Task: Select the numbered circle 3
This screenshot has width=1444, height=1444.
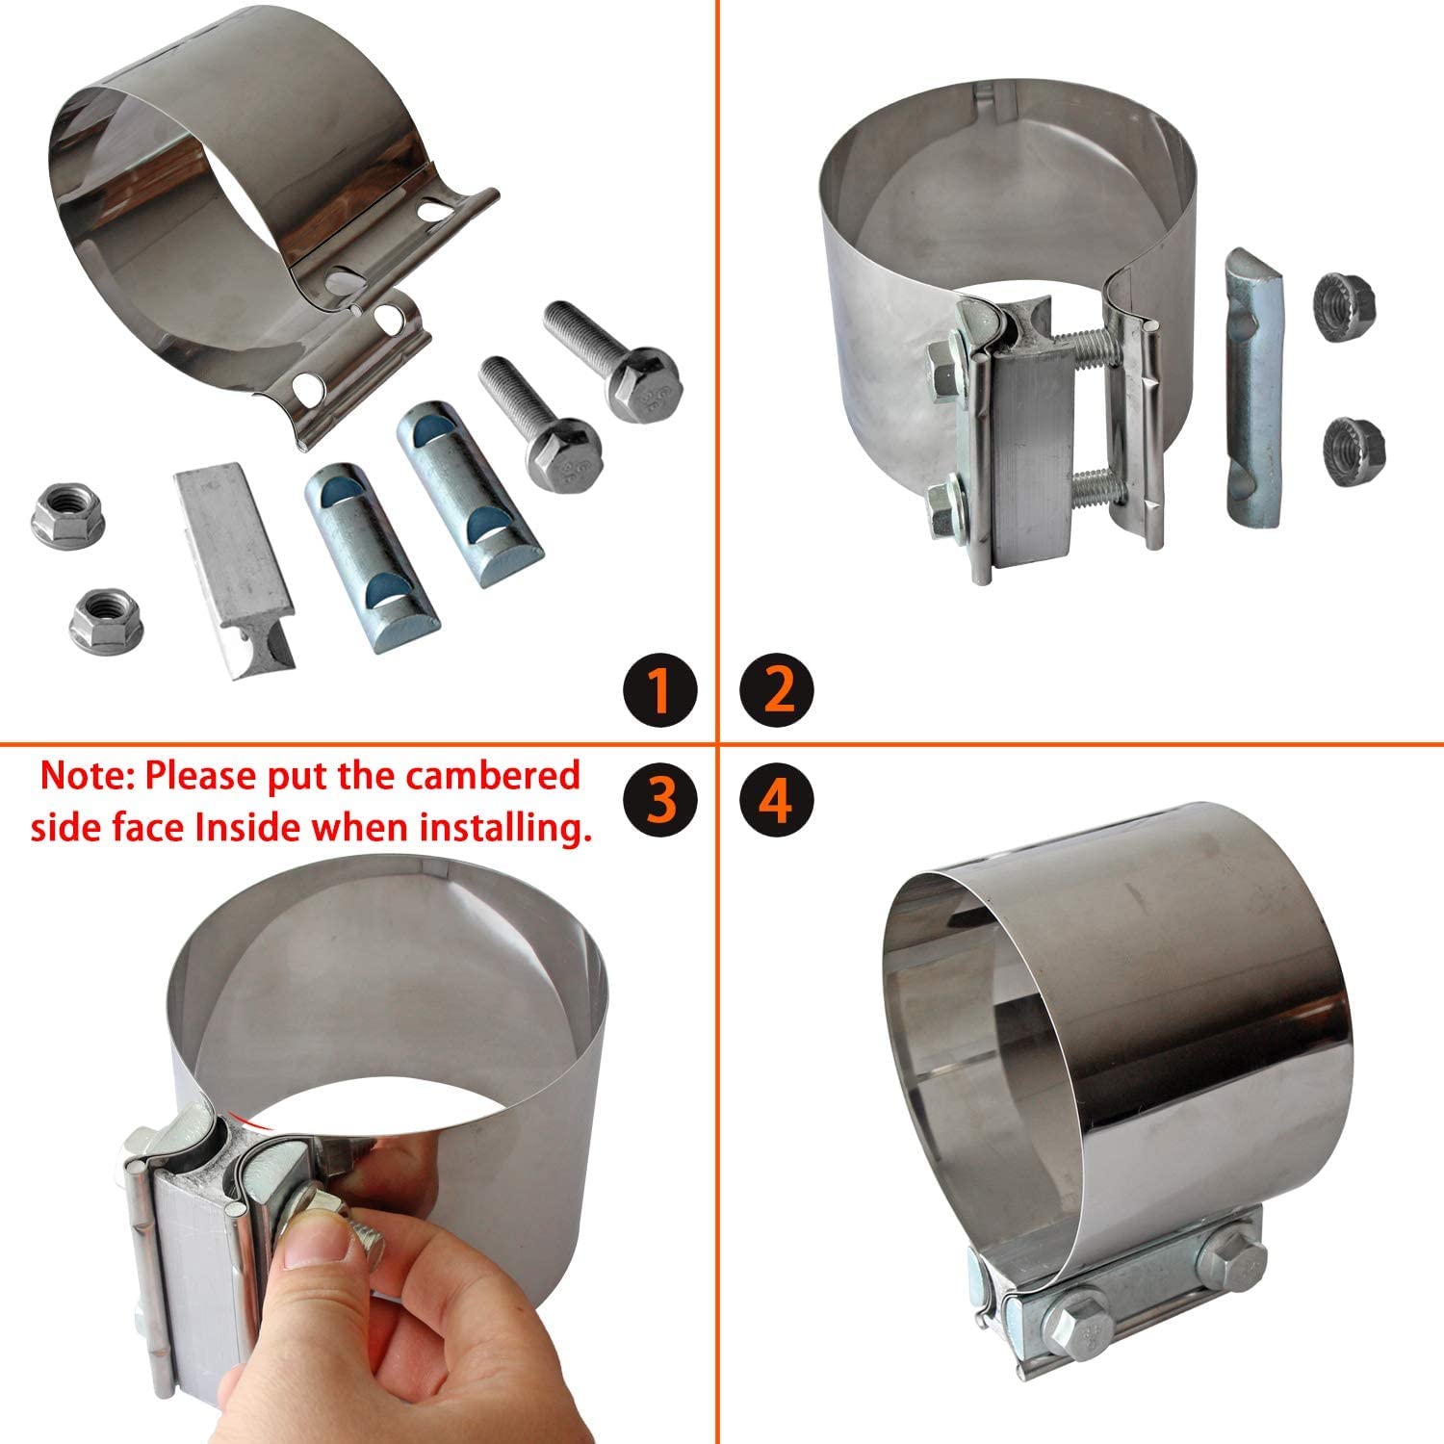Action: pos(659,801)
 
